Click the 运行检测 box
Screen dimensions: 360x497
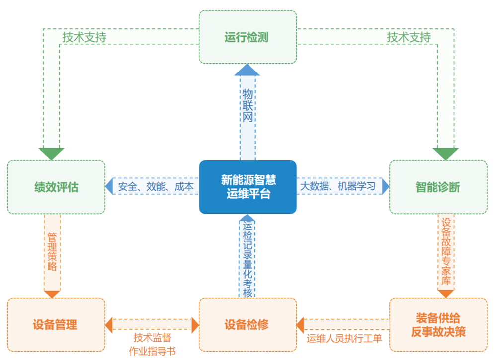point(248,37)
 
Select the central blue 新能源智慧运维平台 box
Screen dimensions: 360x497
point(248,187)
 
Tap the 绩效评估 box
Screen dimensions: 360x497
point(56,187)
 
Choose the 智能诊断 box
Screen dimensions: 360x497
point(438,187)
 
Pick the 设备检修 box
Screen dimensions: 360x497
point(247,325)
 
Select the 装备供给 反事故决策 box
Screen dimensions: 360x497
point(438,325)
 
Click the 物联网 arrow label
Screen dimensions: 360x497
point(248,106)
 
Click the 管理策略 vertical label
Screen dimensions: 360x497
point(52,252)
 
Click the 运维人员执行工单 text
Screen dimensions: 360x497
point(344,339)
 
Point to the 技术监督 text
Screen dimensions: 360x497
point(152,338)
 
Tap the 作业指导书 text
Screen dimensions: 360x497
point(152,351)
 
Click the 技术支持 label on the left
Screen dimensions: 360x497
point(84,37)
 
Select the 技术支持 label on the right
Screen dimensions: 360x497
point(409,37)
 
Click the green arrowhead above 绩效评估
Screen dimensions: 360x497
point(52,153)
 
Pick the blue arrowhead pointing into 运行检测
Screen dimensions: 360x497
point(247,70)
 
